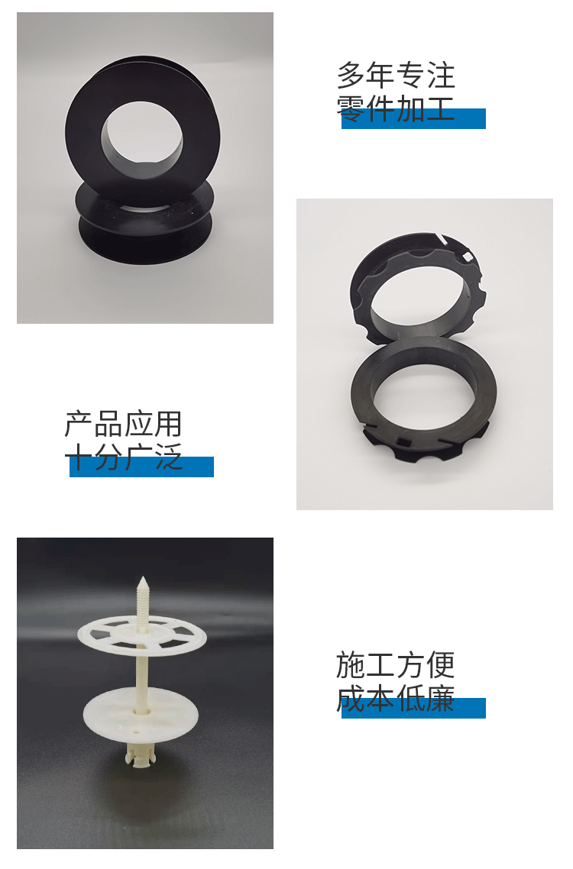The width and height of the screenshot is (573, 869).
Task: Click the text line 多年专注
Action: pyautogui.click(x=396, y=76)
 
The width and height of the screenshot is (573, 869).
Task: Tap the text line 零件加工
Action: pyautogui.click(x=396, y=108)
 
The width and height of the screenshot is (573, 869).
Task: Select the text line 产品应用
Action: pyautogui.click(x=124, y=424)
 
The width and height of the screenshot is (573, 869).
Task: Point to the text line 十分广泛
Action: pyautogui.click(x=124, y=457)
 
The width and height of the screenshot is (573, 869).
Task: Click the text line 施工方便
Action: pyautogui.click(x=396, y=665)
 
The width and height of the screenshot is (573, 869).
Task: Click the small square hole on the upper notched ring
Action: pyautogui.click(x=468, y=256)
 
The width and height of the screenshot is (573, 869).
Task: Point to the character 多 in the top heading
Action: pyautogui.click(x=351, y=76)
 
